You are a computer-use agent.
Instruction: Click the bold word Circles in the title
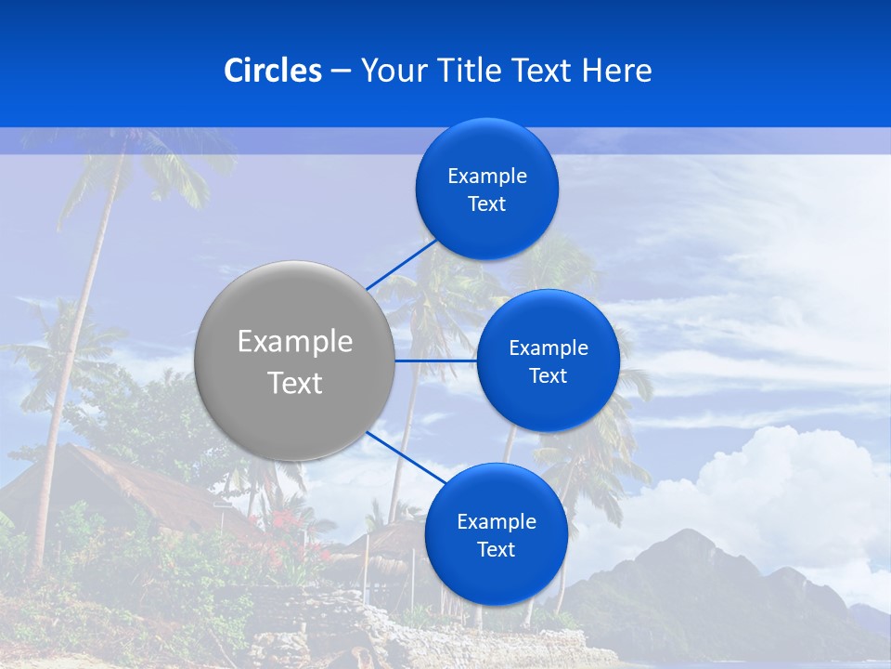tap(273, 71)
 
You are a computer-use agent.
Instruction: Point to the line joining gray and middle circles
tap(435, 361)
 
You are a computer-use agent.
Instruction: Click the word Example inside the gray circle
tap(295, 342)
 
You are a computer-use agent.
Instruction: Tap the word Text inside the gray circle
tap(295, 383)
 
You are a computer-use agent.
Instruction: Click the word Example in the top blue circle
tap(487, 177)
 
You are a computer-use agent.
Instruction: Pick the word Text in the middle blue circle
tap(548, 376)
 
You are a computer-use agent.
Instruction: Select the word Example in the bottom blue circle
tap(497, 522)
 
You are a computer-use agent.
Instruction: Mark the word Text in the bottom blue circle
tap(496, 550)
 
